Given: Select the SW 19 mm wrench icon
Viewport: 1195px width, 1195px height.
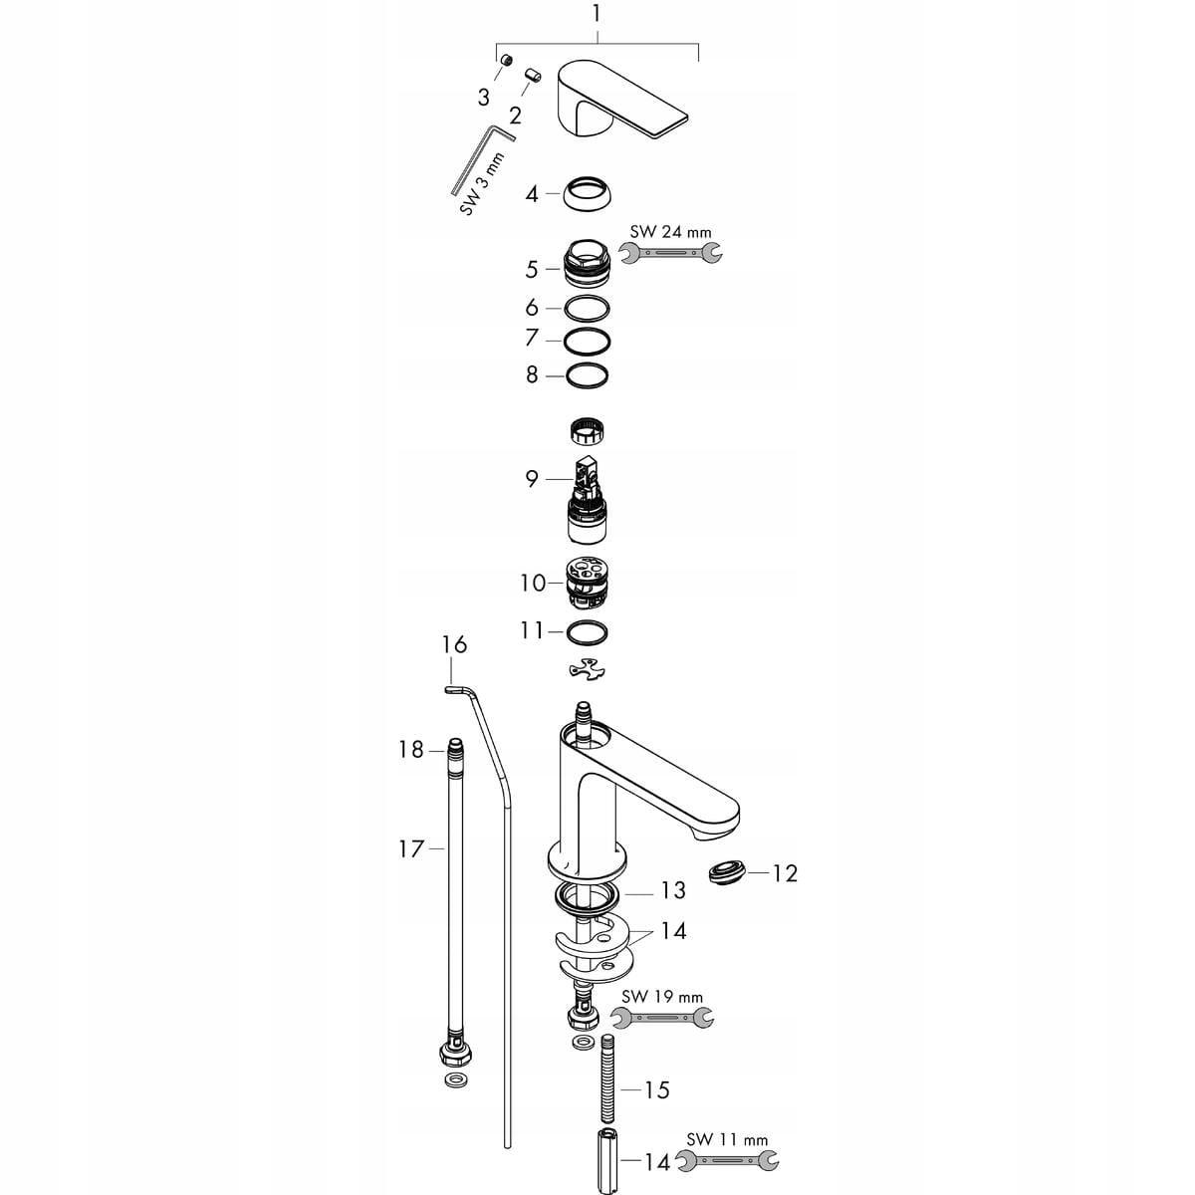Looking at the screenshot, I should [x=661, y=1017].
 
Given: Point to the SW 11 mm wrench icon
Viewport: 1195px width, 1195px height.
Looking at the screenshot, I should [x=727, y=1160].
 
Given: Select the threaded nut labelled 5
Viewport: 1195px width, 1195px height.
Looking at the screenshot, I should [x=586, y=268].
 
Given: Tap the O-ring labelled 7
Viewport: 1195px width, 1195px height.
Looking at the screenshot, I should [x=586, y=341].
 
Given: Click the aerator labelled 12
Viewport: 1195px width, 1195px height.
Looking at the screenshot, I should [x=725, y=874].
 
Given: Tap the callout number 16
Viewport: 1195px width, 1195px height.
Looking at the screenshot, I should [x=454, y=645].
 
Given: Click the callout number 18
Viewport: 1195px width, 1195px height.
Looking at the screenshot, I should [x=411, y=749].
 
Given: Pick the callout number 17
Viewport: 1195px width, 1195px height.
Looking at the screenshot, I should [x=411, y=848].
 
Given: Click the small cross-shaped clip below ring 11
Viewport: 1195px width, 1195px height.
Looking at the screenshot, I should [x=586, y=670].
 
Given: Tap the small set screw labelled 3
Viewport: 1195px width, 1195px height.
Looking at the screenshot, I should [x=506, y=62].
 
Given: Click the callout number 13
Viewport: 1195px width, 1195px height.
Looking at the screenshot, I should [x=673, y=889].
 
